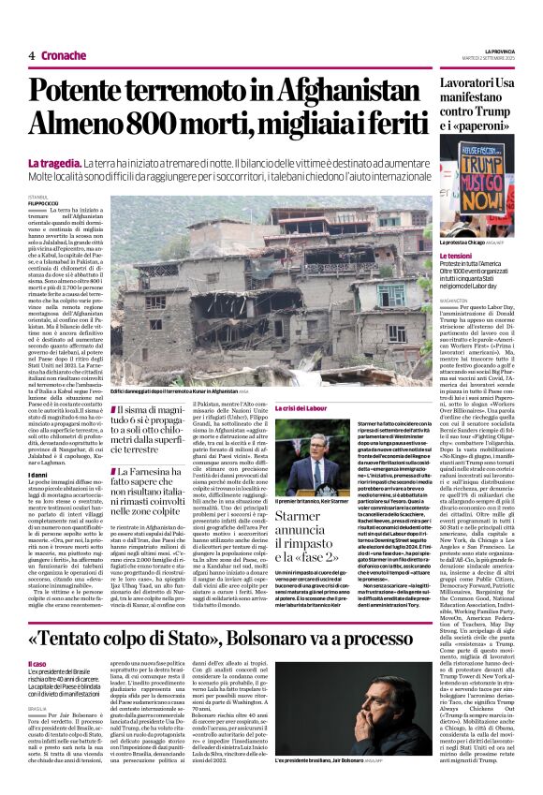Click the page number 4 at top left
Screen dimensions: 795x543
(x=31, y=55)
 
